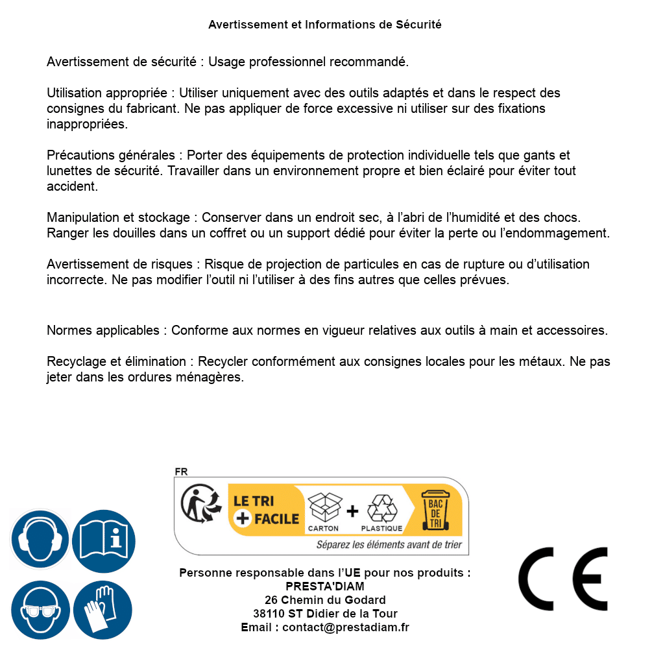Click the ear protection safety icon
pos(40,540)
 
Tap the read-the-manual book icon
pos(104,540)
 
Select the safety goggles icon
pos(40,610)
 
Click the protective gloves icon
pos(104,610)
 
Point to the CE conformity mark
pos(562,579)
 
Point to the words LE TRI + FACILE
pos(266,510)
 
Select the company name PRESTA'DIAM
pos(325,586)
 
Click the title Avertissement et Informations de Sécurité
pos(325,25)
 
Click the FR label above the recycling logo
pos(181,472)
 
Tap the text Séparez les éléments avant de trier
pos(389,544)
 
